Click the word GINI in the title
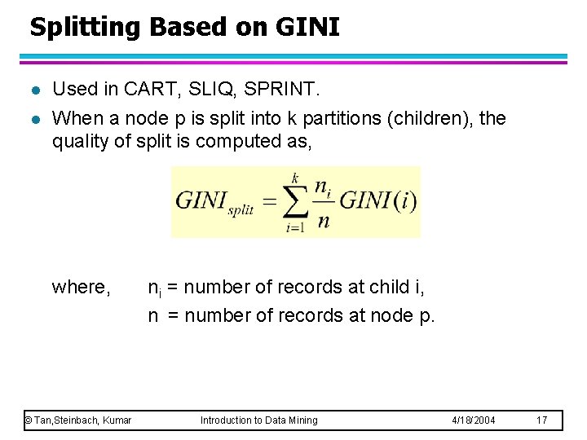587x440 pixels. pos(307,27)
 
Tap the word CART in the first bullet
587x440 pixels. pos(136,89)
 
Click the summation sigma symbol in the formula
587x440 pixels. pos(294,200)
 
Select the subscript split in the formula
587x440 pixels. pos(241,209)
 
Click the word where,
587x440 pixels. pos(81,287)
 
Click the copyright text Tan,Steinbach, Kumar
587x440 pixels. pos(77,420)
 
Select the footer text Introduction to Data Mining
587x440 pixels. pos(259,420)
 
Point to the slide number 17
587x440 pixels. pos(542,420)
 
